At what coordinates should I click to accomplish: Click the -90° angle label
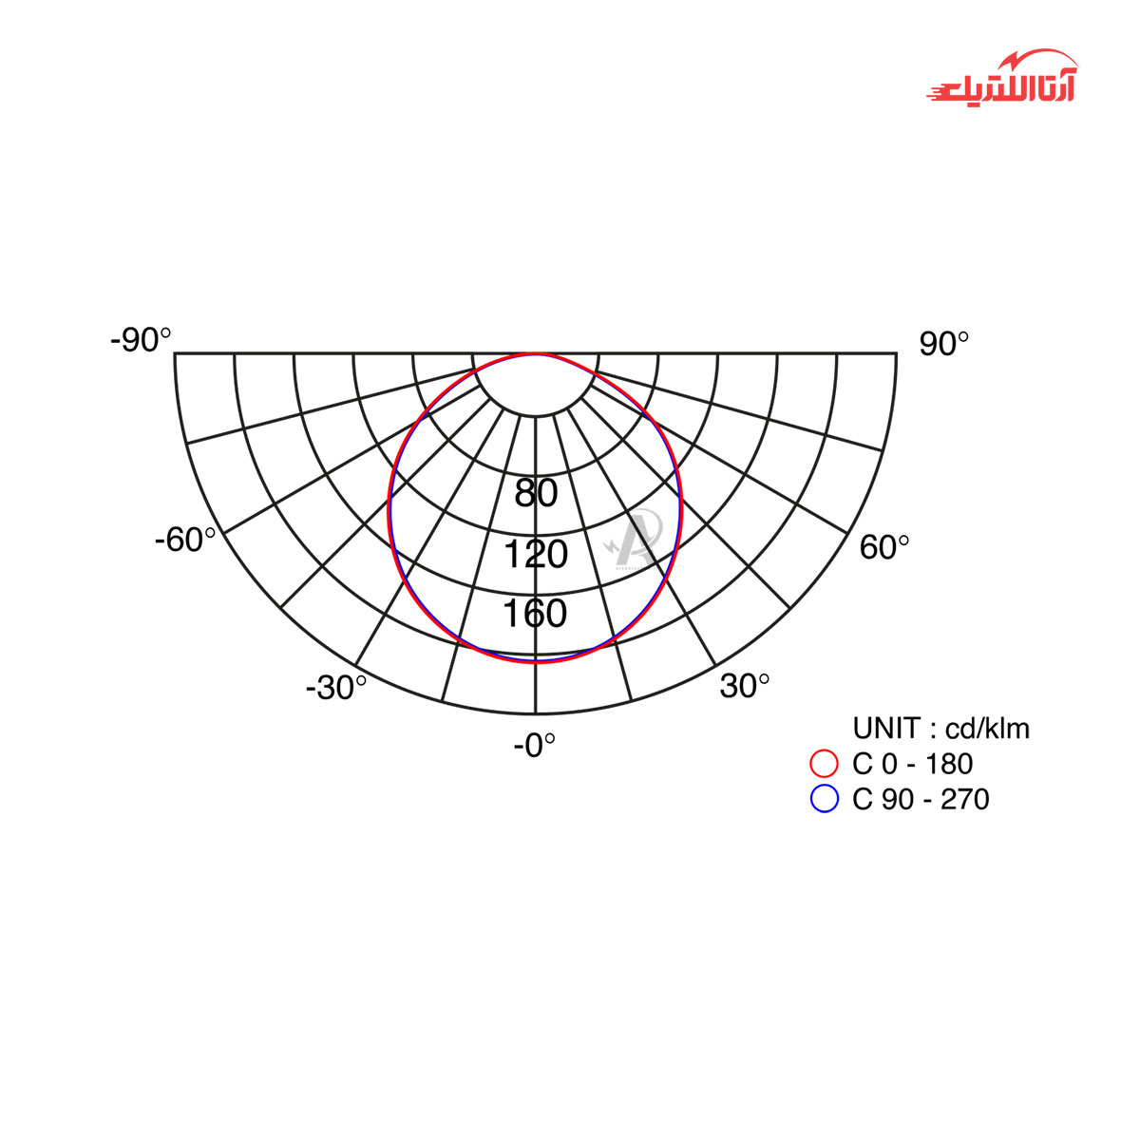(x=141, y=340)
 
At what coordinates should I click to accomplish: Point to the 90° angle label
(x=943, y=344)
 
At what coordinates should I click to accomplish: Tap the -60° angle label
(x=185, y=540)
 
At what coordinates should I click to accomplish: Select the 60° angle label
(x=883, y=546)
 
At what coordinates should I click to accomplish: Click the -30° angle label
(x=336, y=688)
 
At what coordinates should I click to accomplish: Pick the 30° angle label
(x=745, y=686)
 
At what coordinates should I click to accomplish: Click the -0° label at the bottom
(x=534, y=746)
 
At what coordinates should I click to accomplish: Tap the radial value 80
(x=536, y=493)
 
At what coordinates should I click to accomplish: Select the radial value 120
(x=536, y=554)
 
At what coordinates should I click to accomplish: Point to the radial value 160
(x=535, y=613)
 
